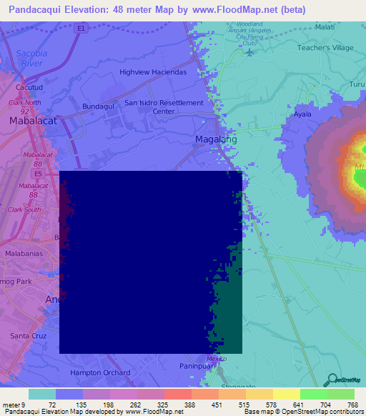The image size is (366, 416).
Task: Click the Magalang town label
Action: (216, 139)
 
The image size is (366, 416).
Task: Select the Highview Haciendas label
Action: (153, 72)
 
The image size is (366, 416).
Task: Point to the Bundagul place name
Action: (99, 107)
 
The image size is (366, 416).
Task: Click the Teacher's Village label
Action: (325, 48)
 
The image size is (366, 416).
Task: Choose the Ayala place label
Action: (303, 114)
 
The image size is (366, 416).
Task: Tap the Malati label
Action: (325, 27)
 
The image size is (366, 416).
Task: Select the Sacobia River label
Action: (34, 58)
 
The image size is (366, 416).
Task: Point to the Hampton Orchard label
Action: (100, 372)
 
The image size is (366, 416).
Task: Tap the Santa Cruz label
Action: (29, 335)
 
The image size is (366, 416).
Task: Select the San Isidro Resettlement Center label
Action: (164, 107)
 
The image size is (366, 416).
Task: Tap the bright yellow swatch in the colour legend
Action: (287, 394)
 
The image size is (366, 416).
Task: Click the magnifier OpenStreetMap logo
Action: (332, 380)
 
